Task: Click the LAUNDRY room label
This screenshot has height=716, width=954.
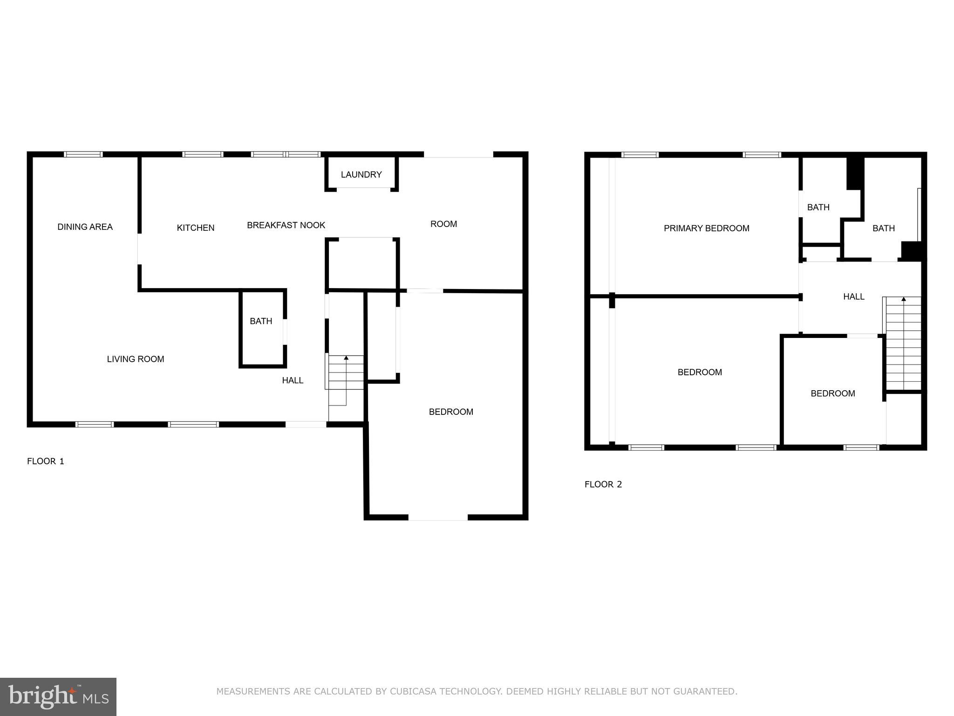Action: point(361,174)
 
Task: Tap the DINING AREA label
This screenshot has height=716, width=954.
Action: point(85,227)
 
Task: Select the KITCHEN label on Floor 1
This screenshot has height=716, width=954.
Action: point(196,228)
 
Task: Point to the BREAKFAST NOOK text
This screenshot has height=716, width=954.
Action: point(286,225)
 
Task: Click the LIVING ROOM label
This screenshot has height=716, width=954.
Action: point(136,359)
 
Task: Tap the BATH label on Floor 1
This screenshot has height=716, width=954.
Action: point(261,321)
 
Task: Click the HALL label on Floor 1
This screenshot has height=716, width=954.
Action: point(293,380)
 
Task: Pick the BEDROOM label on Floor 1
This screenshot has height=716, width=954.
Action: point(451,412)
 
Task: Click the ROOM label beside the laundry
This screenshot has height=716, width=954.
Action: point(443,224)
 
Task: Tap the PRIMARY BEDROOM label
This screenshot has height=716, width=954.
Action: point(706,228)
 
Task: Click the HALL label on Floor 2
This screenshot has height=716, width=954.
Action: point(853,296)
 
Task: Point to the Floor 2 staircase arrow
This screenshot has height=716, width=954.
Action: point(904,299)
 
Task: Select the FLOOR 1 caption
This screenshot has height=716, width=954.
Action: point(46,461)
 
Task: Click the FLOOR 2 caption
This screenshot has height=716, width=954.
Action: point(603,484)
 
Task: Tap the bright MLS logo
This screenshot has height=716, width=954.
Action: point(58,696)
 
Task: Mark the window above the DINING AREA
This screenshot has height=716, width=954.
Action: point(83,154)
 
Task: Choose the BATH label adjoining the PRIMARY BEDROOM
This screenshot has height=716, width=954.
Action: point(818,207)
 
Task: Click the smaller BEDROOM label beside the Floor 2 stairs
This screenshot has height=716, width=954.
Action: point(832,393)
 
